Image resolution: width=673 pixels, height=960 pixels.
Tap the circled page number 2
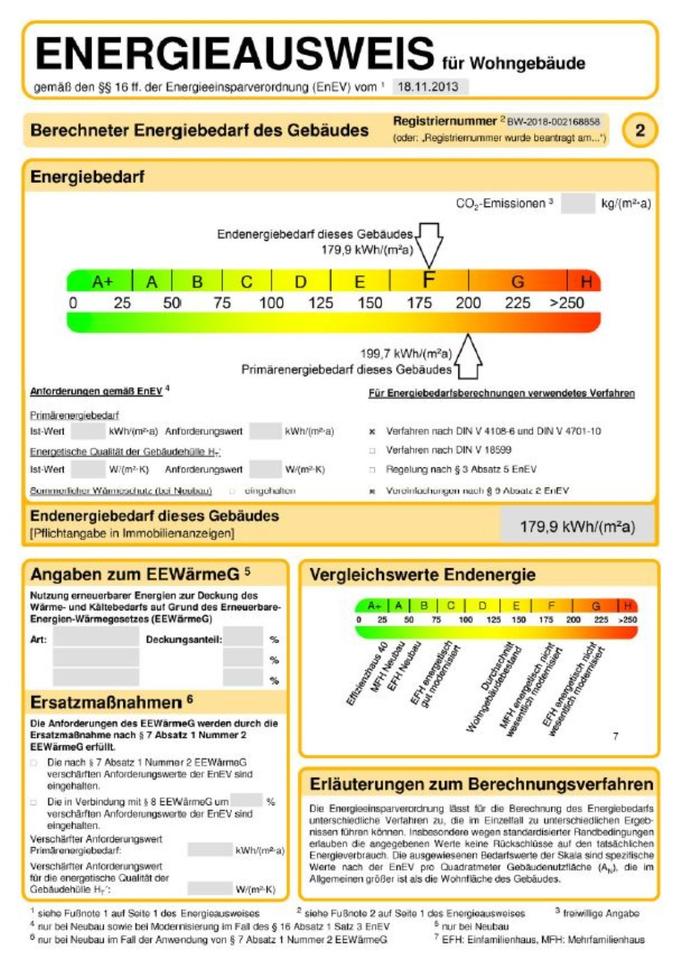tap(640, 130)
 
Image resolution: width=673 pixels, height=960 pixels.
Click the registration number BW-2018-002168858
tap(554, 120)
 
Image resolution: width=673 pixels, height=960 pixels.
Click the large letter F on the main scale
tap(428, 280)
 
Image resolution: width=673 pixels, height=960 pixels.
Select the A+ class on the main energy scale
tap(102, 282)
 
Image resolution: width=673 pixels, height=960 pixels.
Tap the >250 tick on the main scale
tap(573, 303)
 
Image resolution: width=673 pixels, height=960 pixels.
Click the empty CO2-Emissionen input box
tap(578, 204)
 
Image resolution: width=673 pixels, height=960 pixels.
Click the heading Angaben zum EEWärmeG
tap(140, 575)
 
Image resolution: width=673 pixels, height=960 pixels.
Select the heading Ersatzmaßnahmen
tap(112, 700)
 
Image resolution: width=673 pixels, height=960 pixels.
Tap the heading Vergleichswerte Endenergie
tap(422, 575)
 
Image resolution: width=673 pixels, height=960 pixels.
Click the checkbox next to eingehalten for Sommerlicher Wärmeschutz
tap(232, 491)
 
